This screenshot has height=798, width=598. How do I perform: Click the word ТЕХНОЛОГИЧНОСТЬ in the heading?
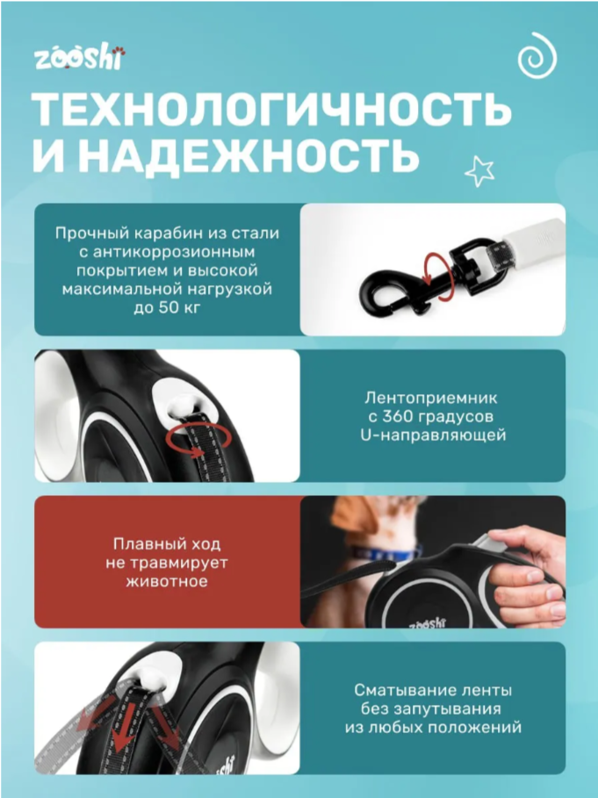pos(272,110)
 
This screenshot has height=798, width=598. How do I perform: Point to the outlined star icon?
pos(479,170)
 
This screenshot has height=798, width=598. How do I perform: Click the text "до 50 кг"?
pos(167,306)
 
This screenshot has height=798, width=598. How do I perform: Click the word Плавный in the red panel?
pos(140,543)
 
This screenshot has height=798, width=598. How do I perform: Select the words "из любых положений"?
pos(433,727)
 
